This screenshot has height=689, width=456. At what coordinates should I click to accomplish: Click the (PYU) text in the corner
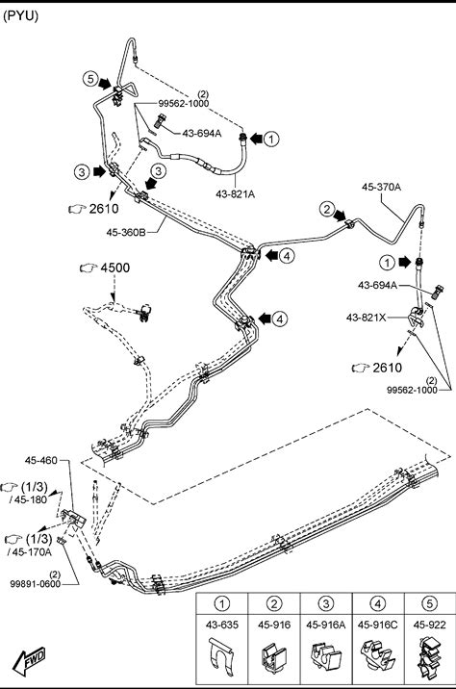(20, 16)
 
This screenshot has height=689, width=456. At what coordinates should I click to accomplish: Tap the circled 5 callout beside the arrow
(90, 79)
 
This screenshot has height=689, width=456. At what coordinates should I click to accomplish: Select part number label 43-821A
(236, 193)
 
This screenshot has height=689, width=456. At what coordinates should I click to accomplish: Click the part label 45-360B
(126, 232)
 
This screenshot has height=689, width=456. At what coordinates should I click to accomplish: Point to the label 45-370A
(381, 187)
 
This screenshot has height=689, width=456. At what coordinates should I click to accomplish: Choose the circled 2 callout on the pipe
(326, 209)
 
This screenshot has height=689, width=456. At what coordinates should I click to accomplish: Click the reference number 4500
(115, 268)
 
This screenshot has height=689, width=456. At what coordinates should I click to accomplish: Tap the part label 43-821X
(366, 317)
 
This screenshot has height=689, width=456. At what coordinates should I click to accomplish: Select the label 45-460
(40, 460)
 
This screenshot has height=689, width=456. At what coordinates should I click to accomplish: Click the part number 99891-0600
(36, 584)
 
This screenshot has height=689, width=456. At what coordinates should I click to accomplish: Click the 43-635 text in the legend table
(222, 625)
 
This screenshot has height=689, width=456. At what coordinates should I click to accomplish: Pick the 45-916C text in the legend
(377, 625)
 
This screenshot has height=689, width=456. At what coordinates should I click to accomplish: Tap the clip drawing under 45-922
(429, 657)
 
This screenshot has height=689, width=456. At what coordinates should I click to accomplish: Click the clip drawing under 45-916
(273, 657)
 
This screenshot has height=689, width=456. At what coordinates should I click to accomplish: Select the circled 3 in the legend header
(325, 603)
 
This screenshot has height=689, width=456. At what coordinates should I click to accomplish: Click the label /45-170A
(30, 552)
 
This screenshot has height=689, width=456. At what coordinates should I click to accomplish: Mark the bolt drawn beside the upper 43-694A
(161, 121)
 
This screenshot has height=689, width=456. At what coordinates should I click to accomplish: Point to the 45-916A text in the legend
(325, 625)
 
